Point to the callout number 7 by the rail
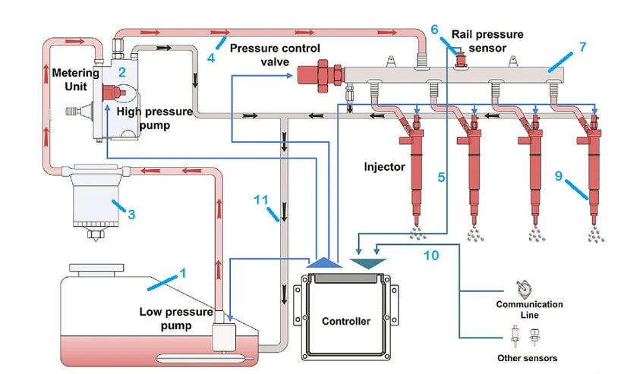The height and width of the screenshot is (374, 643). pyautogui.click(x=582, y=47)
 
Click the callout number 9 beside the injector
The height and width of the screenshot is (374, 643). pyautogui.click(x=558, y=175)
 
